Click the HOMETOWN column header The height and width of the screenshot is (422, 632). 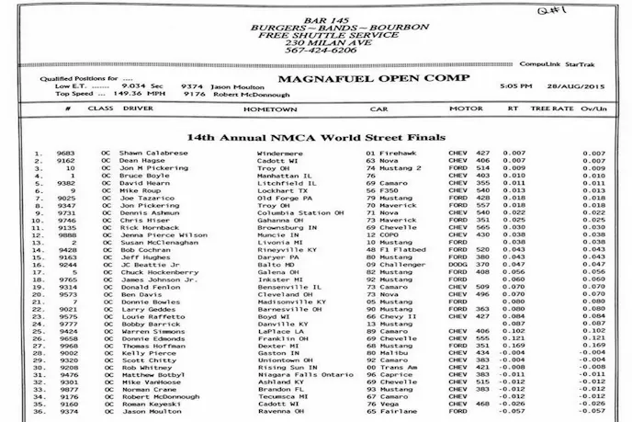pyautogui.click(x=270, y=108)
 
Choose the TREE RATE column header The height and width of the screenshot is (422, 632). pyautogui.click(x=551, y=108)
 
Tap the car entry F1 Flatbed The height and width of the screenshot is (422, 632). pyautogui.click(x=394, y=249)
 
